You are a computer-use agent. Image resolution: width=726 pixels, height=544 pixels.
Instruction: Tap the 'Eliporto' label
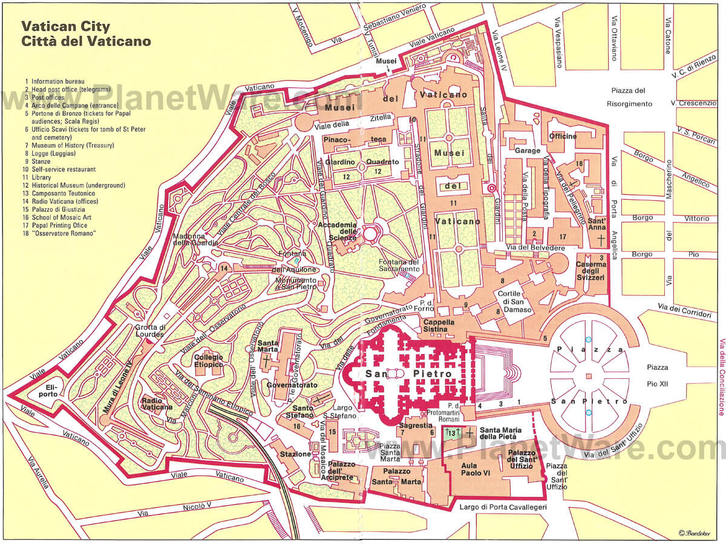click(48, 390)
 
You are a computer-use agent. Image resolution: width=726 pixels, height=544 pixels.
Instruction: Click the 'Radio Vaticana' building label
click(157, 404)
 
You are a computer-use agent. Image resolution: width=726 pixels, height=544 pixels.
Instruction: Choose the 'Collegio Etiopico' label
click(209, 361)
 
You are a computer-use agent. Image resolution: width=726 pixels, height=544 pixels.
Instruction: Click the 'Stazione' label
click(295, 454)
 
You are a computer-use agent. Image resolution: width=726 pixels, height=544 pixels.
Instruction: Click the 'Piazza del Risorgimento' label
click(629, 97)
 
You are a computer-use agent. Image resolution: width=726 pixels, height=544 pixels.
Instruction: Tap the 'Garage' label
click(527, 150)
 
